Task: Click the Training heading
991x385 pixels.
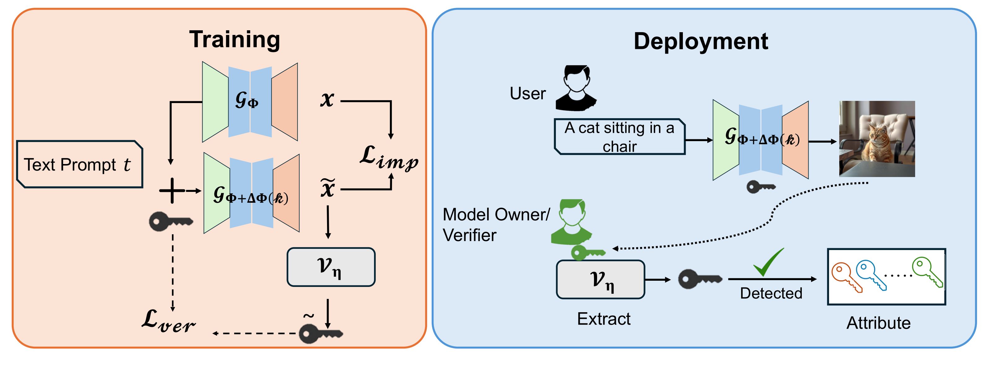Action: [x=234, y=40]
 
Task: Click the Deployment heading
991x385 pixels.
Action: [x=701, y=41]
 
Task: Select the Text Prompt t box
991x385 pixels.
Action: [x=80, y=165]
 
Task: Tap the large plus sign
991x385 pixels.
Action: [x=172, y=190]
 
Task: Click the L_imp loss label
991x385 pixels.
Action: [x=389, y=158]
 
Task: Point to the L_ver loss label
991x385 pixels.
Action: [x=168, y=321]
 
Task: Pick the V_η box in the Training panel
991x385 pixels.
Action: [x=331, y=267]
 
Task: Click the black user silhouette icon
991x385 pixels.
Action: [x=575, y=88]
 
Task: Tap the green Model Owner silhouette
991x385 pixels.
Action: [x=571, y=222]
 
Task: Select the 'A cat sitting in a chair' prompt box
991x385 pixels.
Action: [x=619, y=137]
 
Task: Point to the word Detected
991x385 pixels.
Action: [x=771, y=293]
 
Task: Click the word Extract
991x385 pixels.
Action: [x=604, y=319]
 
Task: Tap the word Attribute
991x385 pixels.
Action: [x=878, y=323]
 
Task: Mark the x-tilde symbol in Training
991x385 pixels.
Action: [x=328, y=188]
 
